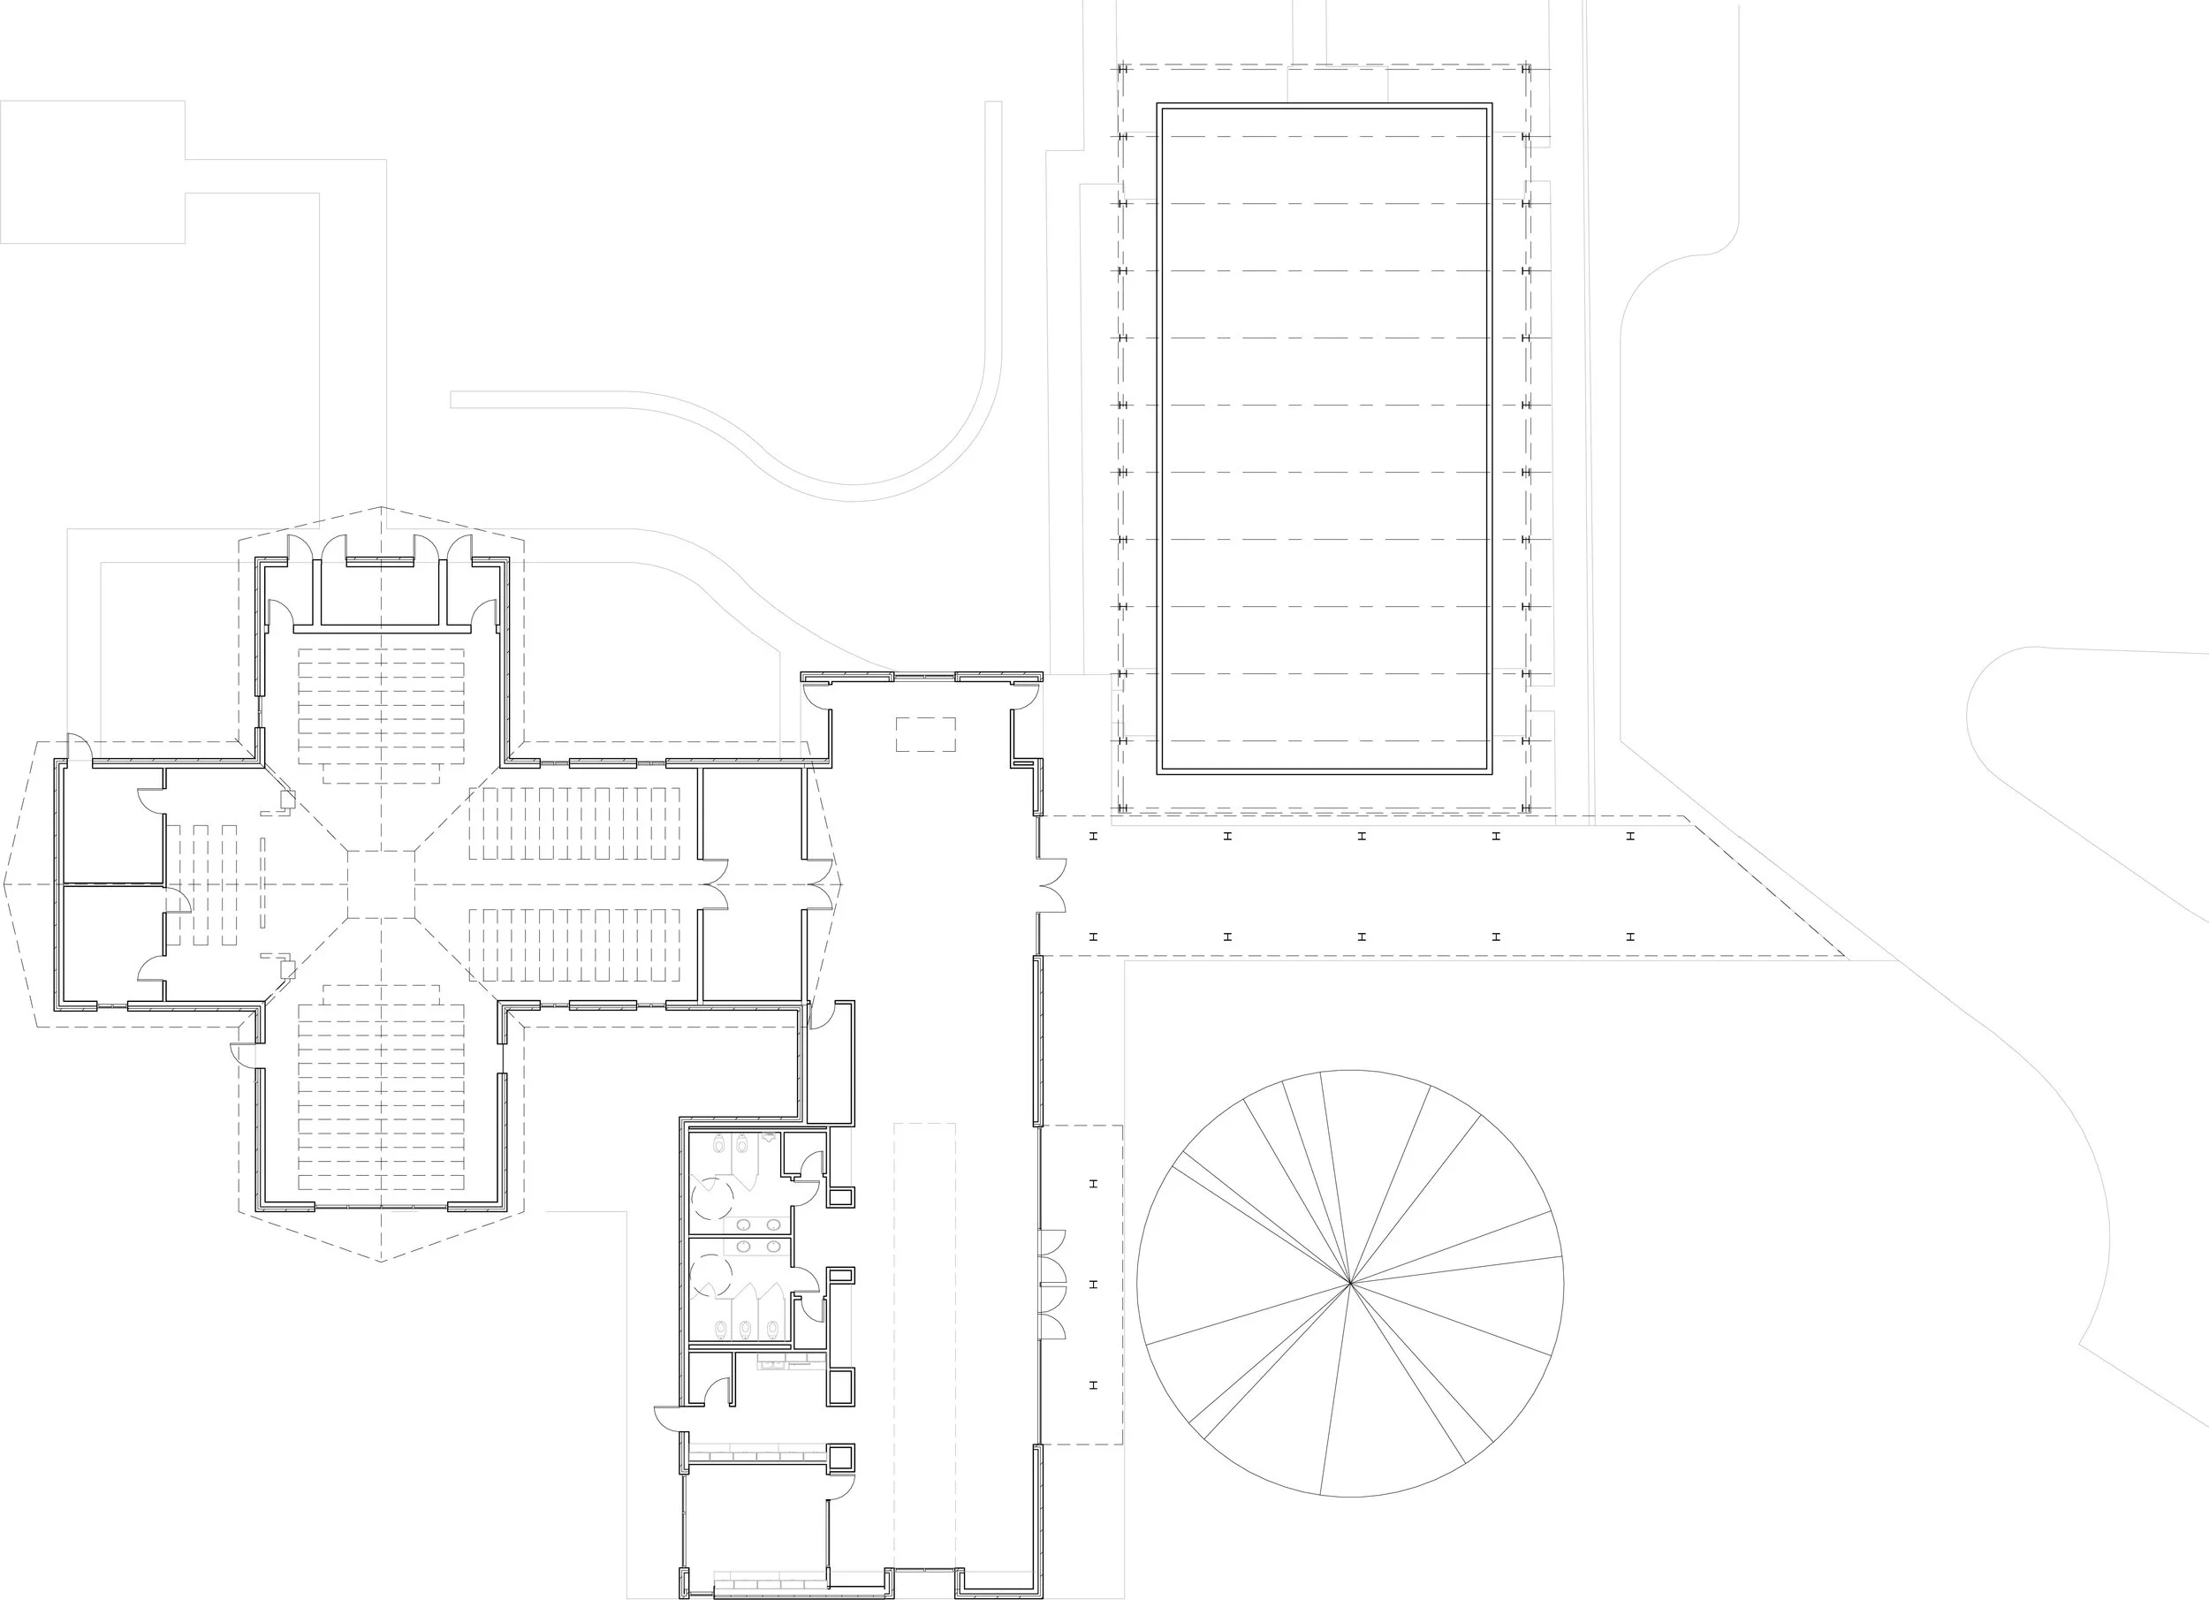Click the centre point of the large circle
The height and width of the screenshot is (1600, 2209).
coord(1350,1284)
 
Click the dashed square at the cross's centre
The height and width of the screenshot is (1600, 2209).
coord(381,884)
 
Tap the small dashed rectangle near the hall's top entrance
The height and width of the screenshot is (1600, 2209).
coord(925,734)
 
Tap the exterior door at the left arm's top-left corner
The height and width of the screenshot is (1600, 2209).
coord(80,747)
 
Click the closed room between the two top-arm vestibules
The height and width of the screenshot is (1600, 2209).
coord(381,594)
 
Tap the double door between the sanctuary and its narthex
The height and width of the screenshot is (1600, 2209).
coord(715,884)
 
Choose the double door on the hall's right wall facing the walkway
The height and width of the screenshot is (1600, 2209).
coord(1051,884)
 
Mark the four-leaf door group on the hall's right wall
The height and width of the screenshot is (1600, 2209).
coord(1051,1284)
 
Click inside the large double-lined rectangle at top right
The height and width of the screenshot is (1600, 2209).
coord(1324,438)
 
